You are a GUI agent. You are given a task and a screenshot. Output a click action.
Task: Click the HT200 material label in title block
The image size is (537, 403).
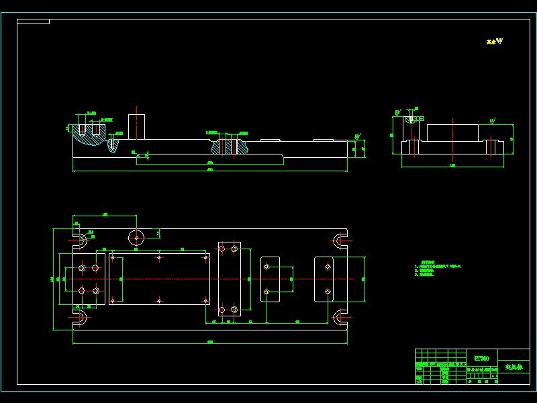(x=481, y=358)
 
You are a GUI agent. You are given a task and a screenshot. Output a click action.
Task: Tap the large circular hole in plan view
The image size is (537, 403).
(x=136, y=237)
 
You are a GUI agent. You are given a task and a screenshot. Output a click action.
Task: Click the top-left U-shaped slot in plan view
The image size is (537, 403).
(x=79, y=240)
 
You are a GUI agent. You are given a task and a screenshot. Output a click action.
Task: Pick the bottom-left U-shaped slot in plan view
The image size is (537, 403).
(x=79, y=317)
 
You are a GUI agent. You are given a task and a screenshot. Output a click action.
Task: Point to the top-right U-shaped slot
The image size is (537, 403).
(x=340, y=240)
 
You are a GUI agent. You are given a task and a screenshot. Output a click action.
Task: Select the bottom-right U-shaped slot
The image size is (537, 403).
(x=340, y=317)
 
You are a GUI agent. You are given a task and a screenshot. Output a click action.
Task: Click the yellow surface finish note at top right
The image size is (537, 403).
(x=494, y=42)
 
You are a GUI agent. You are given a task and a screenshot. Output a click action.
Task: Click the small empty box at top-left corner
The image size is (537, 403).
(x=33, y=21)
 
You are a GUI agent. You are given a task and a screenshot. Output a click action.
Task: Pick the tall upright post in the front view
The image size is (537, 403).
(x=136, y=126)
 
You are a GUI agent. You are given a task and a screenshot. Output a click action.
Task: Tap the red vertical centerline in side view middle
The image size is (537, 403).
(x=452, y=141)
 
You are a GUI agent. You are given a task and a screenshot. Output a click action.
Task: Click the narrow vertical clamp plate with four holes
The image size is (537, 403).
(x=229, y=277)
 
